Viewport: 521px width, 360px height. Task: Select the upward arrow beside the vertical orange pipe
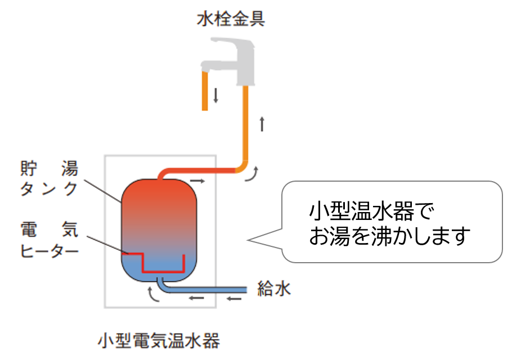pyautogui.click(x=262, y=123)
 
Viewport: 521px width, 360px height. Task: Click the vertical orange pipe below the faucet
pyautogui.click(x=245, y=124)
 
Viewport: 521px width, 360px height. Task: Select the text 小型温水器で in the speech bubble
pyautogui.click(x=372, y=212)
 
